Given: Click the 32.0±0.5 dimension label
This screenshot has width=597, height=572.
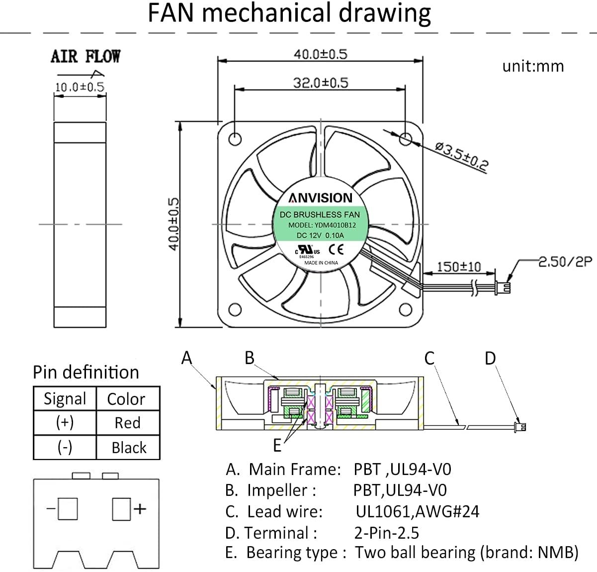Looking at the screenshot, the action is [321, 83].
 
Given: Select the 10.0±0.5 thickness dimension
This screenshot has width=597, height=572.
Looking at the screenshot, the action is [80, 87].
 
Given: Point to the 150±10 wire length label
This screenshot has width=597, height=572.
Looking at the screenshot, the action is [459, 267].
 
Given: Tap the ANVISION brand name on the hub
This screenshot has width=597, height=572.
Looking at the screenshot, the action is [320, 198].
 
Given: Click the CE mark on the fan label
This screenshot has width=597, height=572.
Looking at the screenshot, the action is [336, 250].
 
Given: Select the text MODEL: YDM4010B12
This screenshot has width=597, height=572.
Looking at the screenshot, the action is [322, 225].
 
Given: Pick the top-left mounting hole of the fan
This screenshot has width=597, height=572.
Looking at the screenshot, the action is [235, 139].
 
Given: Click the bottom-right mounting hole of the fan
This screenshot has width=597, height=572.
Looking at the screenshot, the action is [405, 309].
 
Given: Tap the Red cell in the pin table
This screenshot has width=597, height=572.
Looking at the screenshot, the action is [128, 423].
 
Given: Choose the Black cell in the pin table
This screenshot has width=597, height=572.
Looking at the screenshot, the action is [129, 447].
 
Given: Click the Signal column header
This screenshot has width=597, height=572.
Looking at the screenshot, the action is [65, 399].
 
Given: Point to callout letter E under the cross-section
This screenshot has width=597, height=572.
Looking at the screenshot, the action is [277, 445].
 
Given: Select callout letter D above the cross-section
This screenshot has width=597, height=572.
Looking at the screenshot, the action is [490, 358].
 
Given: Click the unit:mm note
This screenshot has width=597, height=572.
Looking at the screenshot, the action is [533, 66].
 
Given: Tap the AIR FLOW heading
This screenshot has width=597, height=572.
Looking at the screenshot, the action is [85, 57].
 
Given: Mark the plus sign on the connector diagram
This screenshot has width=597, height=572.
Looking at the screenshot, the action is [140, 509].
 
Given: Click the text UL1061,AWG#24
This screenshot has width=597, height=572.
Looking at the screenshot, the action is [417, 511].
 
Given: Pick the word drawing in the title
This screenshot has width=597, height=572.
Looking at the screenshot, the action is [385, 13].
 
